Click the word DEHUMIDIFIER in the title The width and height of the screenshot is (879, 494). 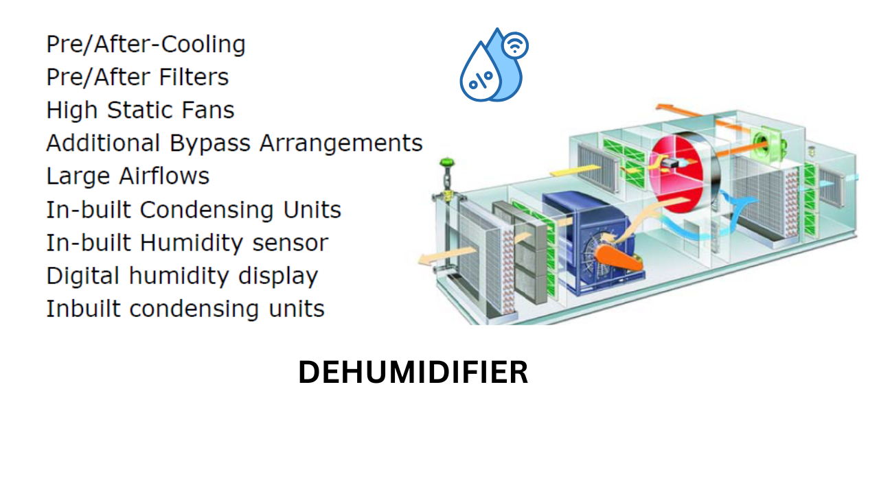(x=413, y=373)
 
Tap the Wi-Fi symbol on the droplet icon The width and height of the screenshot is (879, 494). (x=515, y=46)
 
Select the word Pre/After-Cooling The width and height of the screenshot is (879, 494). (x=146, y=45)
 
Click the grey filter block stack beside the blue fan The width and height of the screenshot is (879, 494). (x=530, y=254)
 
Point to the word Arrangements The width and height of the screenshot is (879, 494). (x=341, y=143)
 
